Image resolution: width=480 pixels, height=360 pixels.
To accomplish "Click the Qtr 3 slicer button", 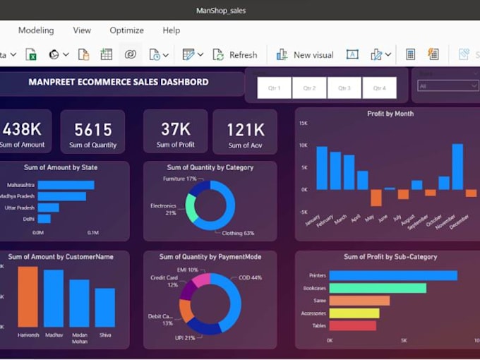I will point(344,88).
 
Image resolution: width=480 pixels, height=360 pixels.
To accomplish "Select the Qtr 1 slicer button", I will point(274,88).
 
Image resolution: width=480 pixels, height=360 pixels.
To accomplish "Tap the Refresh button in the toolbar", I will point(236,54).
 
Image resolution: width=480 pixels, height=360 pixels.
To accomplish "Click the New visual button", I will point(305,54).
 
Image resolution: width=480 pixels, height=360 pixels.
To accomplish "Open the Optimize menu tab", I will point(126,30).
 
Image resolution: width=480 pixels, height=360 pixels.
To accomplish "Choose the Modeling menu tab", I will point(36,30).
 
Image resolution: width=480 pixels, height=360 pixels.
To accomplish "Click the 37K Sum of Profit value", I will point(175,129).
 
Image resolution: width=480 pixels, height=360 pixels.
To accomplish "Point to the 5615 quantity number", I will point(93,129).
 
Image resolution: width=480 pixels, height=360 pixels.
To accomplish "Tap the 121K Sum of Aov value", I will point(245,129).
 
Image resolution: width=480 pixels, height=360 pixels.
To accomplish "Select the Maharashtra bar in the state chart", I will point(66,185).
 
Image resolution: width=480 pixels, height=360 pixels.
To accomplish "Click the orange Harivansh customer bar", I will point(28,296).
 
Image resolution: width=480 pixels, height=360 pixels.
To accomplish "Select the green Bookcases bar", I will point(378,288).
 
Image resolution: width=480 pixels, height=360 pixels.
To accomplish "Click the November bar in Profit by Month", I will point(457,167).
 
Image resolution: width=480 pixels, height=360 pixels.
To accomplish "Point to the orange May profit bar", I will point(376,198).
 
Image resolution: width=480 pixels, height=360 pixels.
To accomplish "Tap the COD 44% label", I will point(250,277).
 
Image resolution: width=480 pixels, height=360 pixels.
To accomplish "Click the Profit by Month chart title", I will point(390,114).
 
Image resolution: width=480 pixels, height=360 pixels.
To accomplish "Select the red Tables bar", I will point(352,325).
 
